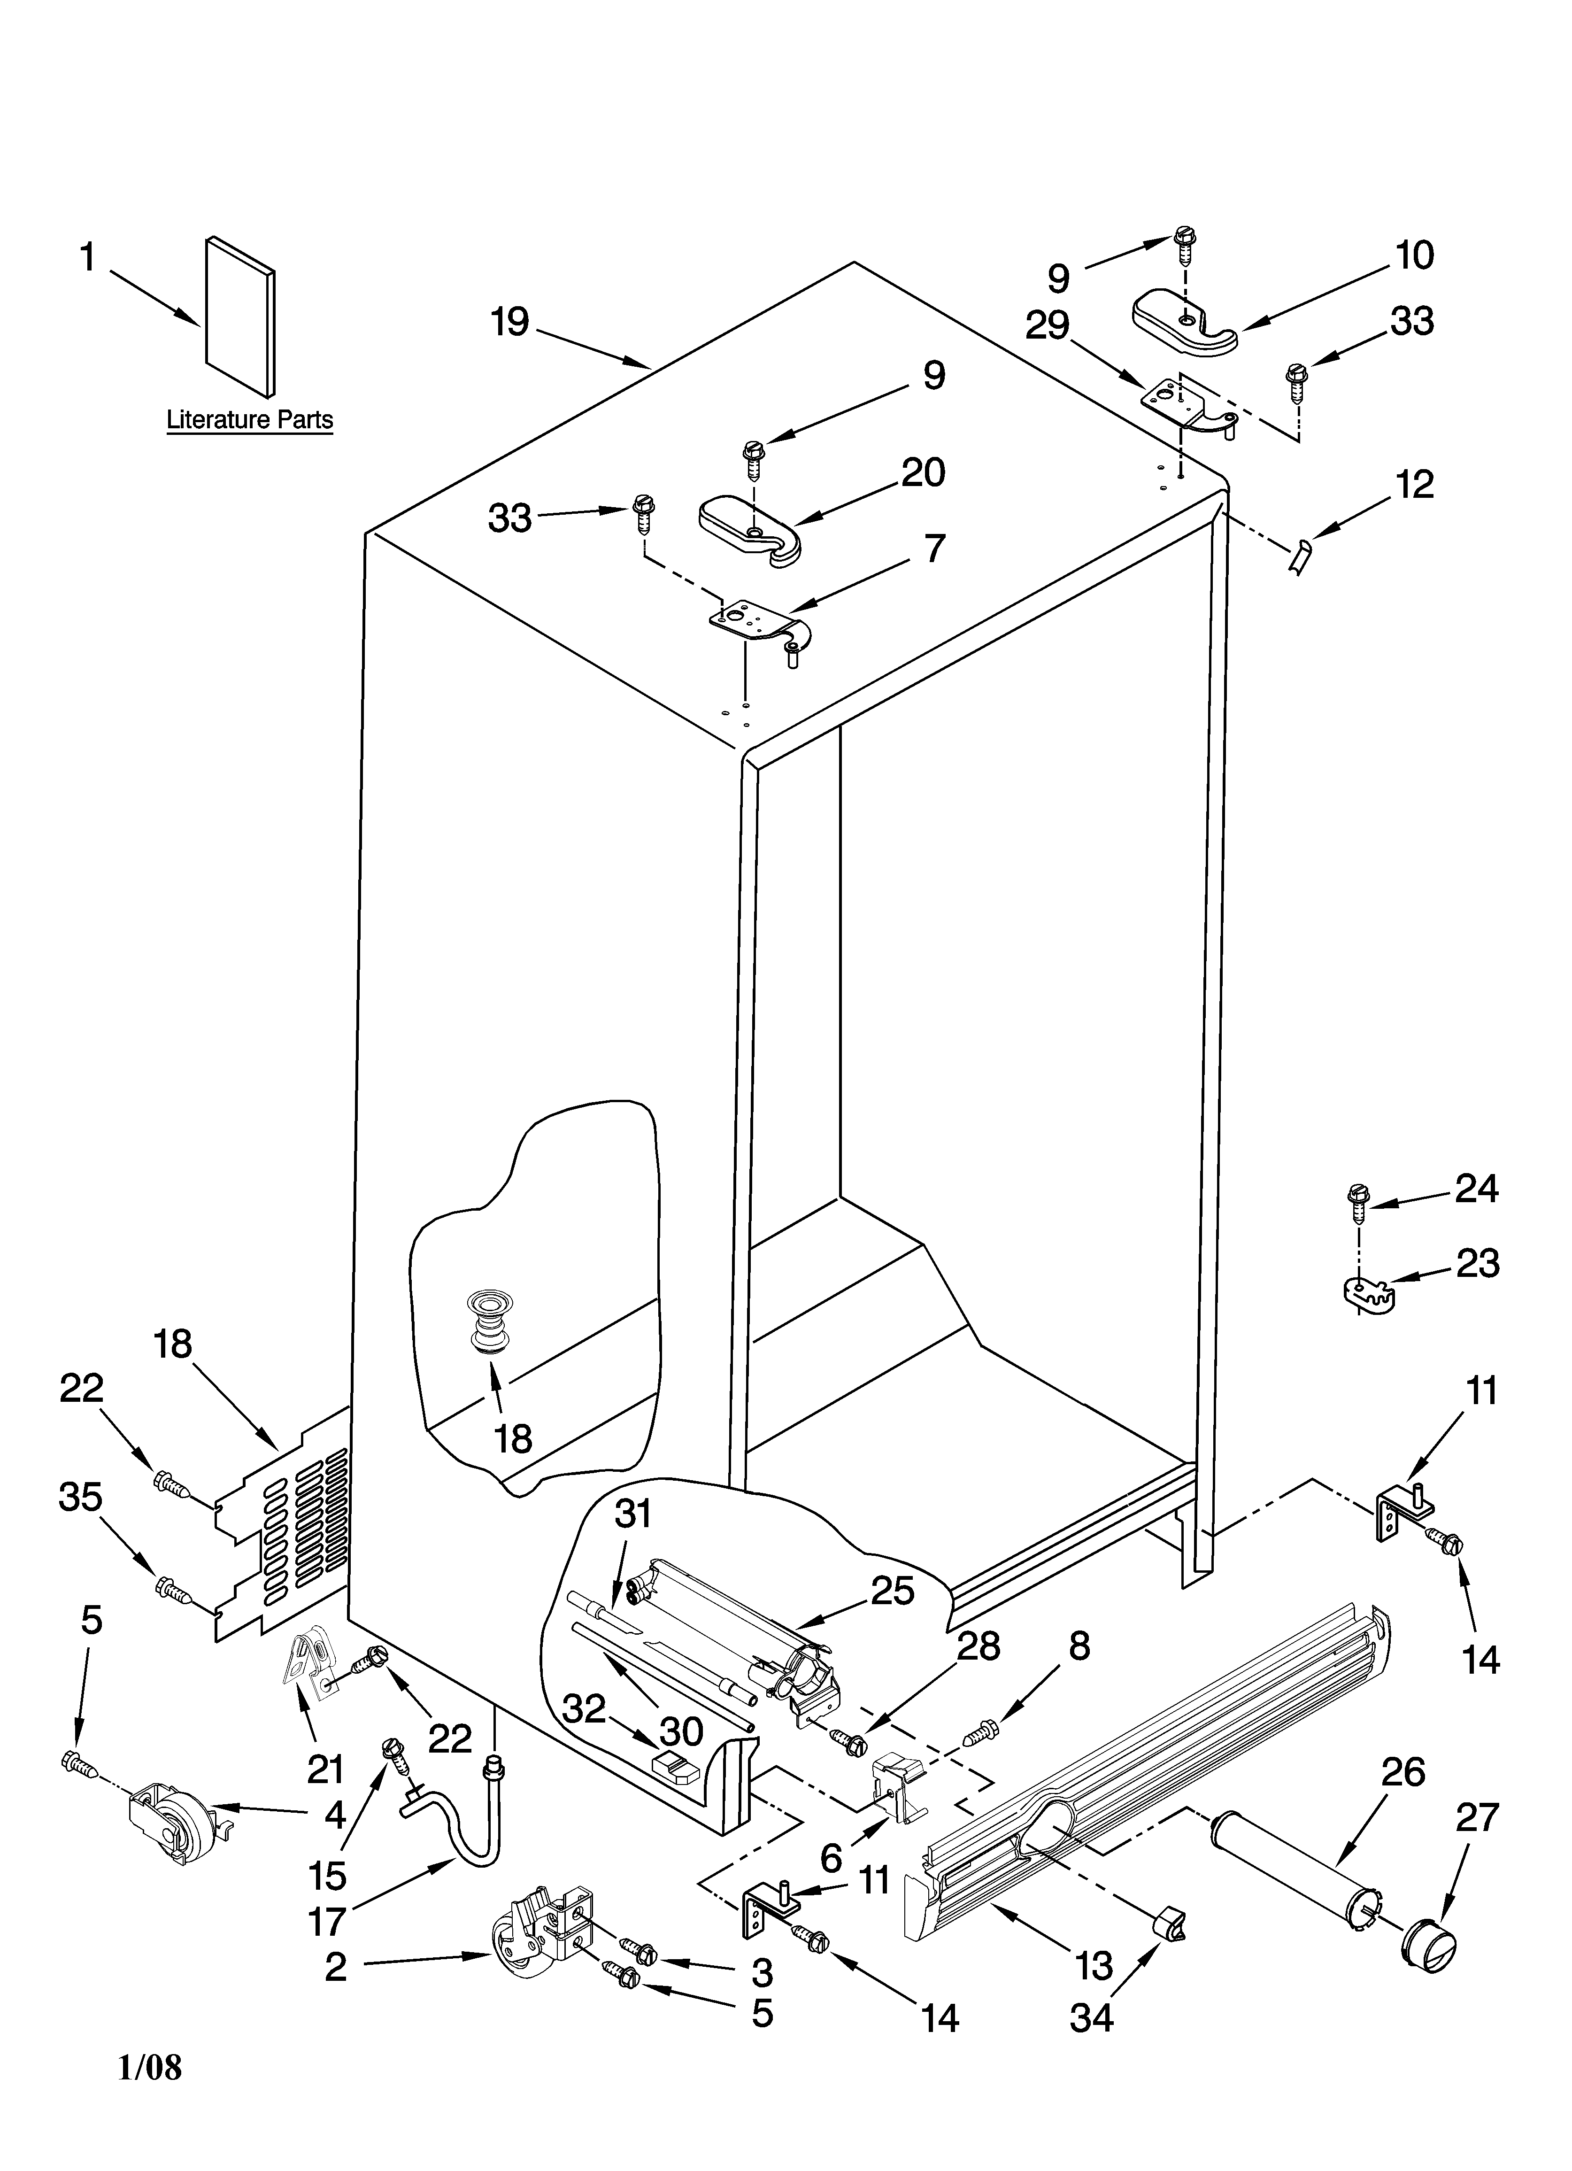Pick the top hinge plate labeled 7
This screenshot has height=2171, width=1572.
[x=756, y=622]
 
